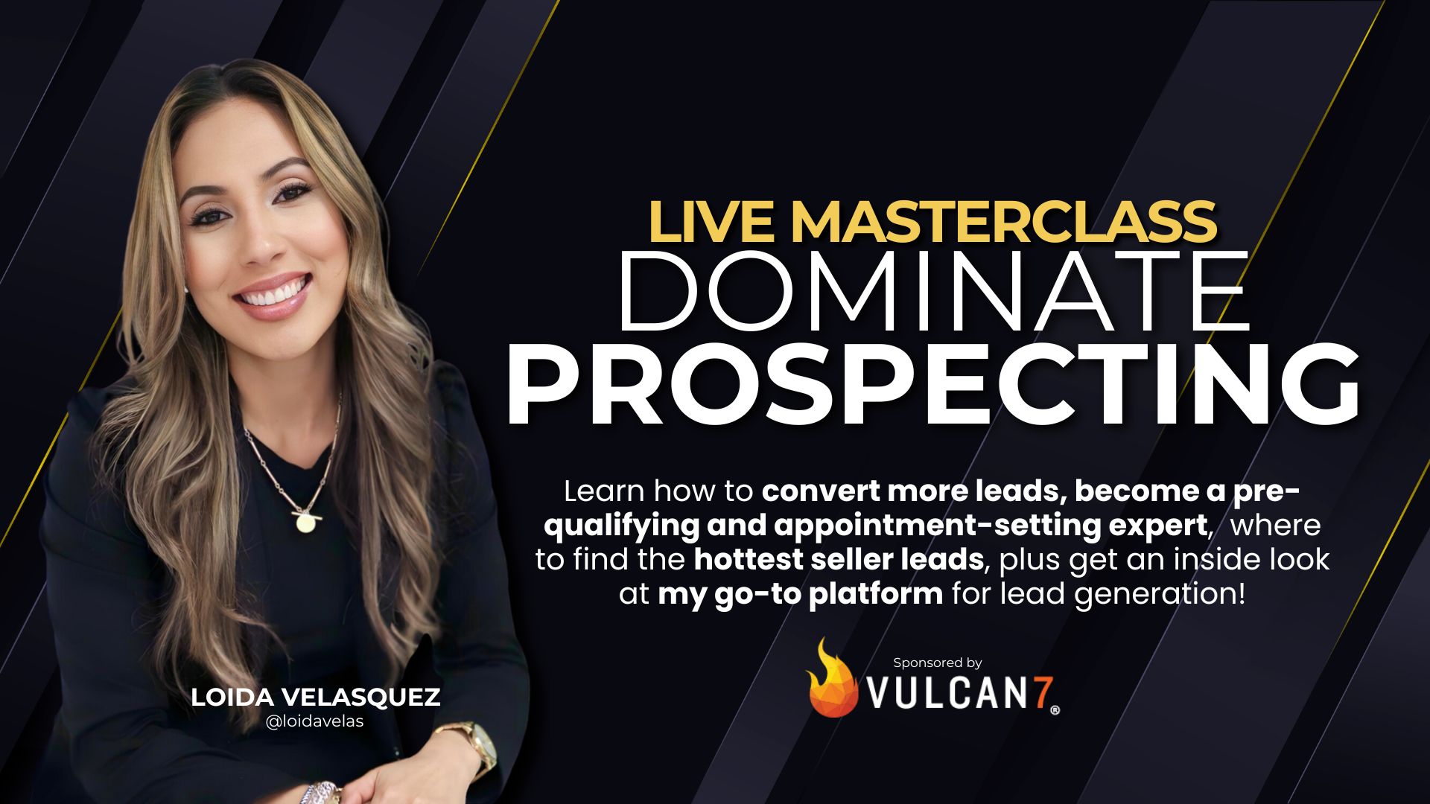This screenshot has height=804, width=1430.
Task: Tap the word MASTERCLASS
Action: [1003, 222]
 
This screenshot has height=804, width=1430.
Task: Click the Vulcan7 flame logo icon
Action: [831, 680]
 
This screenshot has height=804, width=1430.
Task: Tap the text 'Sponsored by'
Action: [937, 663]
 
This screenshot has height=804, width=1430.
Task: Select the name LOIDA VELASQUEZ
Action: [316, 698]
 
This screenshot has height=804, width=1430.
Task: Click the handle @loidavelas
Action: [314, 721]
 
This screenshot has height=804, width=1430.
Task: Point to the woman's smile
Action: [273, 294]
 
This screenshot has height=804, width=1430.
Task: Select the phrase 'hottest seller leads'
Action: [839, 560]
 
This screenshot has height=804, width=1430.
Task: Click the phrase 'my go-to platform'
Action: [800, 594]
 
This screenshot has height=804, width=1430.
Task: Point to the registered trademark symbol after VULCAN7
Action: [1055, 710]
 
